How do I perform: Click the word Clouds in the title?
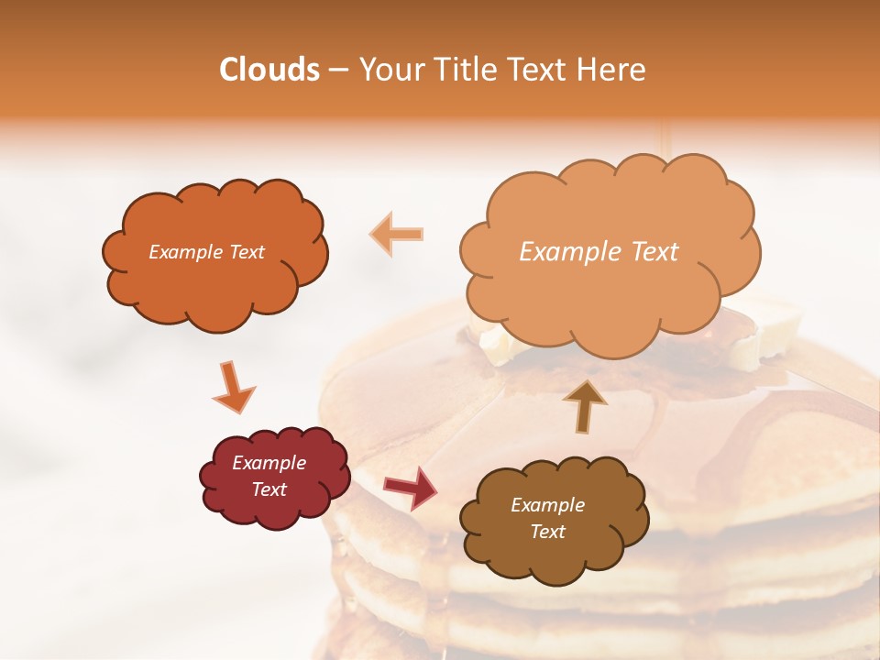(x=269, y=70)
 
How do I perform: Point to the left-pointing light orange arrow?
(x=397, y=234)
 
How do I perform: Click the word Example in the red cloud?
(x=269, y=463)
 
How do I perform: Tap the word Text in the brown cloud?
(x=547, y=532)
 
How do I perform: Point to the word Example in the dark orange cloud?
(x=183, y=252)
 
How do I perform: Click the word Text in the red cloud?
(x=269, y=489)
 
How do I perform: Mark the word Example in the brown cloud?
(x=547, y=505)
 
